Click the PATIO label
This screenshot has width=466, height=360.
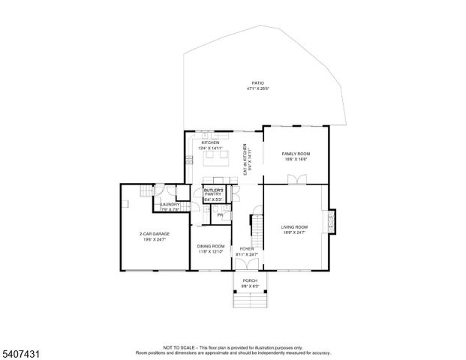pyautogui.click(x=258, y=83)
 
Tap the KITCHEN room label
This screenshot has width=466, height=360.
pyautogui.click(x=210, y=142)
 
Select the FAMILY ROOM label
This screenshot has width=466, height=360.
pyautogui.click(x=296, y=154)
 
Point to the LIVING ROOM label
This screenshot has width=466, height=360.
pyautogui.click(x=295, y=226)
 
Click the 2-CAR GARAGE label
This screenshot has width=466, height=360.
pyautogui.click(x=154, y=234)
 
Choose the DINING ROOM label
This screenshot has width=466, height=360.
pyautogui.click(x=211, y=246)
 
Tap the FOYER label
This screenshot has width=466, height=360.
pyautogui.click(x=248, y=248)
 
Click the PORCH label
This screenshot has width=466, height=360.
pyautogui.click(x=250, y=280)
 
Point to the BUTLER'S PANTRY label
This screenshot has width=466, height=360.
pyautogui.click(x=214, y=191)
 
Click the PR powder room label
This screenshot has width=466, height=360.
pyautogui.click(x=220, y=215)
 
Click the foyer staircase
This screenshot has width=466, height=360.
pyautogui.click(x=256, y=224)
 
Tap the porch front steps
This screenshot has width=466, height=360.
pyautogui.click(x=249, y=301)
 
